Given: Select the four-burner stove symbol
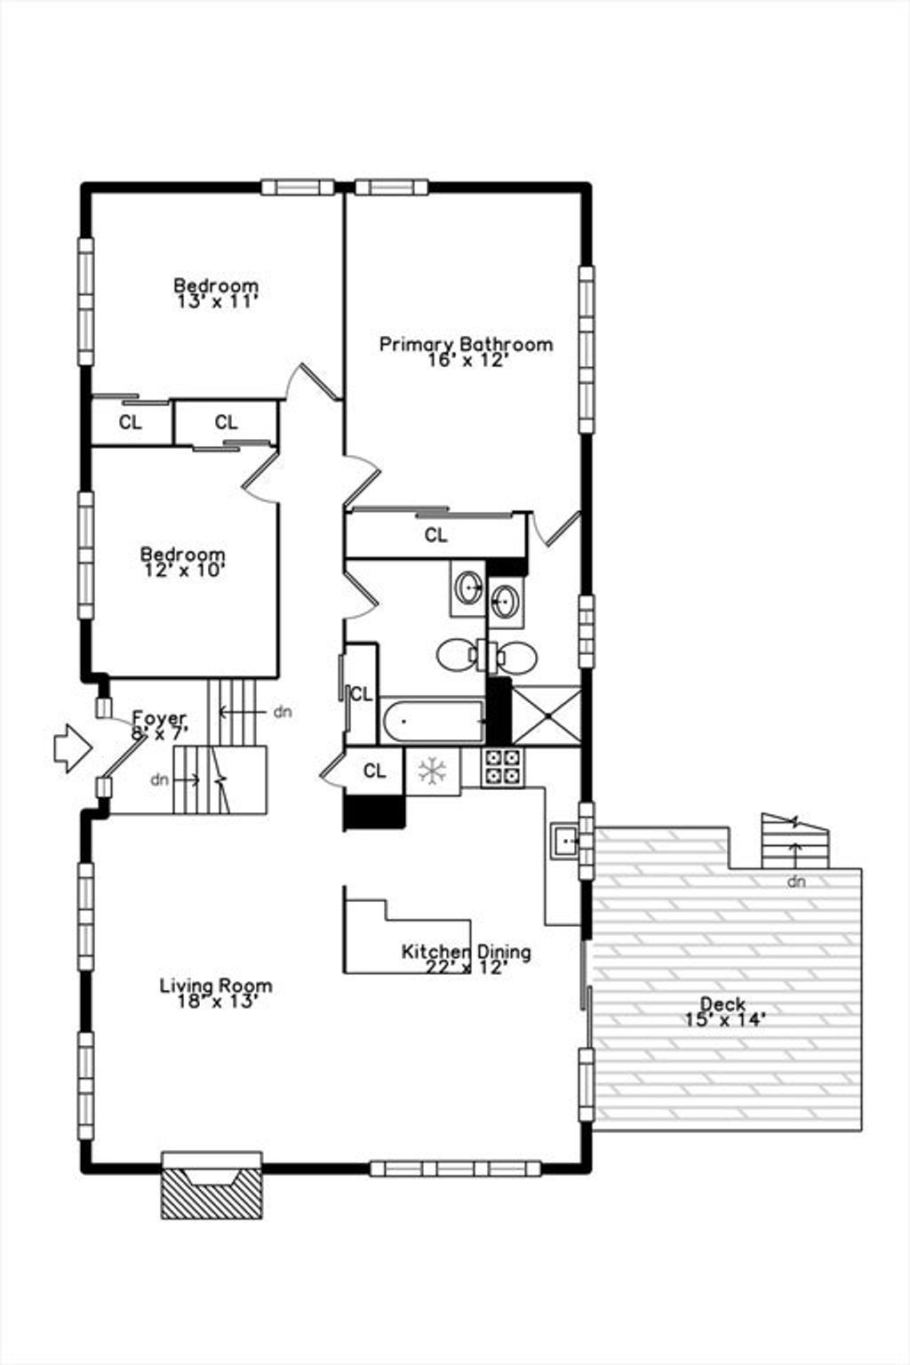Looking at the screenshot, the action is click(502, 767).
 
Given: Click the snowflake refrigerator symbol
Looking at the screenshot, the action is click(433, 770).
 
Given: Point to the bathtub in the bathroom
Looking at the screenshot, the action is click(432, 722).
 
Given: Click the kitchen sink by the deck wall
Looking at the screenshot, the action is click(565, 841).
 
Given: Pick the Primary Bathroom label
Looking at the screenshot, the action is click(467, 344).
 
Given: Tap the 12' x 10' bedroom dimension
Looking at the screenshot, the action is click(184, 571).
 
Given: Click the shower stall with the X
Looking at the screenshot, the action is click(547, 714).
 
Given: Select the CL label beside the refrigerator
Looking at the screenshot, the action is click(374, 770).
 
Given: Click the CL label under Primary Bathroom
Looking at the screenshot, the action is click(435, 535).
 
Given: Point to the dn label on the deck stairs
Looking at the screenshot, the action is click(796, 882).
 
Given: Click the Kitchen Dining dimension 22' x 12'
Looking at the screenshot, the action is click(467, 967).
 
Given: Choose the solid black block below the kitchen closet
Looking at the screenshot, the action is click(374, 812).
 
